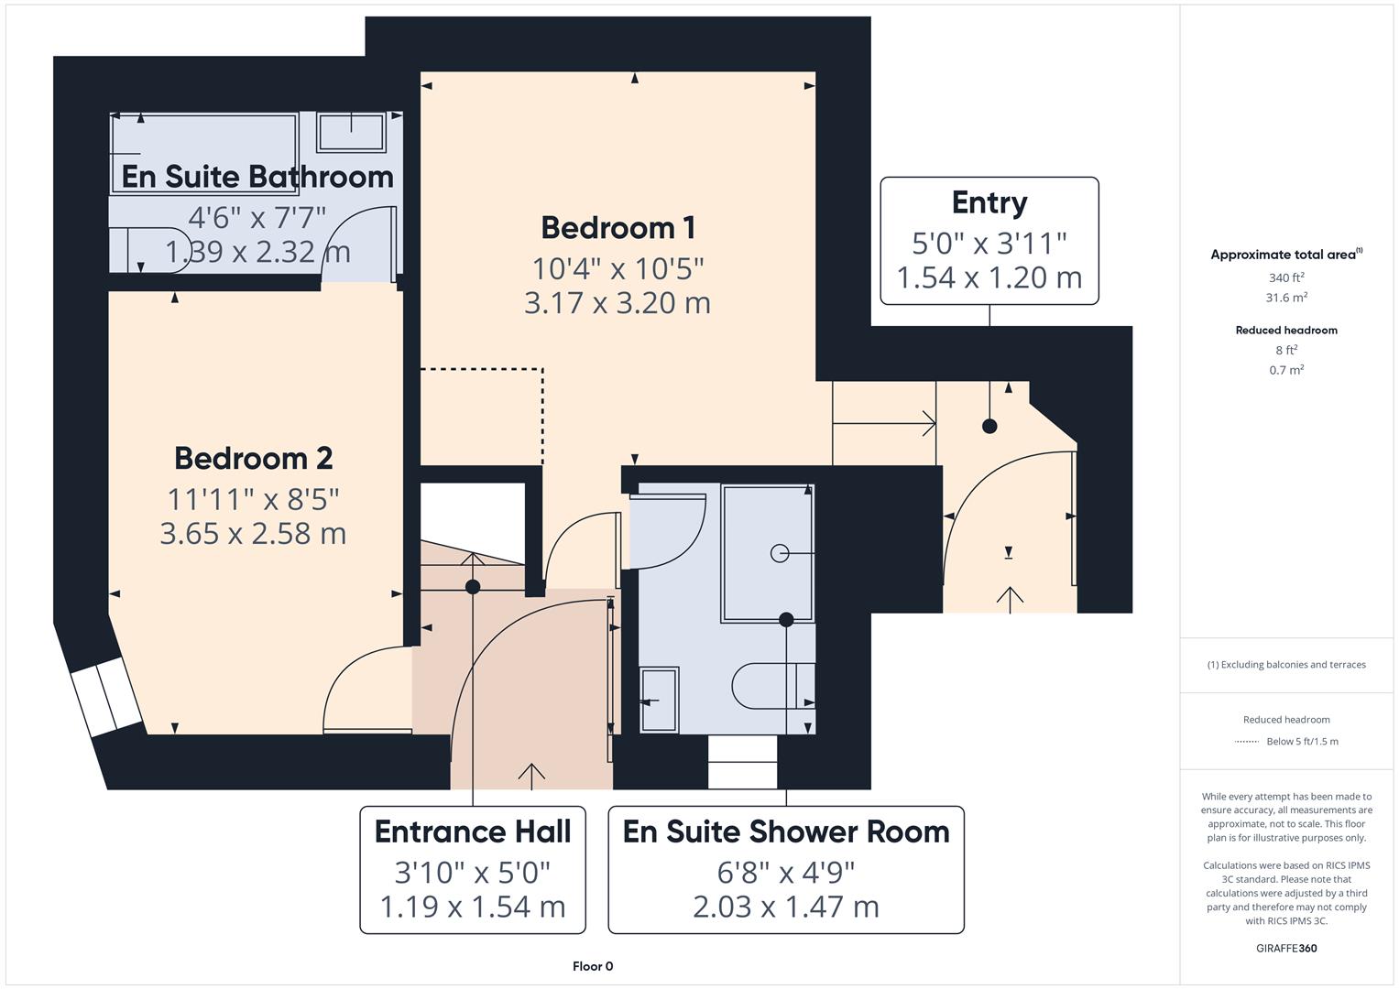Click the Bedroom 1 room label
(618, 227)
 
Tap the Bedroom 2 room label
(253, 458)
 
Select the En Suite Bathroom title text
(257, 177)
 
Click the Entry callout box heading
(989, 202)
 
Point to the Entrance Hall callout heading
(473, 831)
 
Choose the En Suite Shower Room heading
(786, 831)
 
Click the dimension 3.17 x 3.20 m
(618, 302)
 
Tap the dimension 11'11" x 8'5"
(253, 499)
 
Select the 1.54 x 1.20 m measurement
(989, 277)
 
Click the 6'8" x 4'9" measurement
(786, 872)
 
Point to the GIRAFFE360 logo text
(1286, 948)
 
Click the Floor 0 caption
(593, 966)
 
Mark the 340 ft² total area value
(1286, 277)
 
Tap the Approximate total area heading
(1285, 255)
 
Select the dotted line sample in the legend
(1246, 742)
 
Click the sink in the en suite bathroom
(351, 132)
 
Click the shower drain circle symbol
(779, 553)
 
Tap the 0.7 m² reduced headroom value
(1286, 370)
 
